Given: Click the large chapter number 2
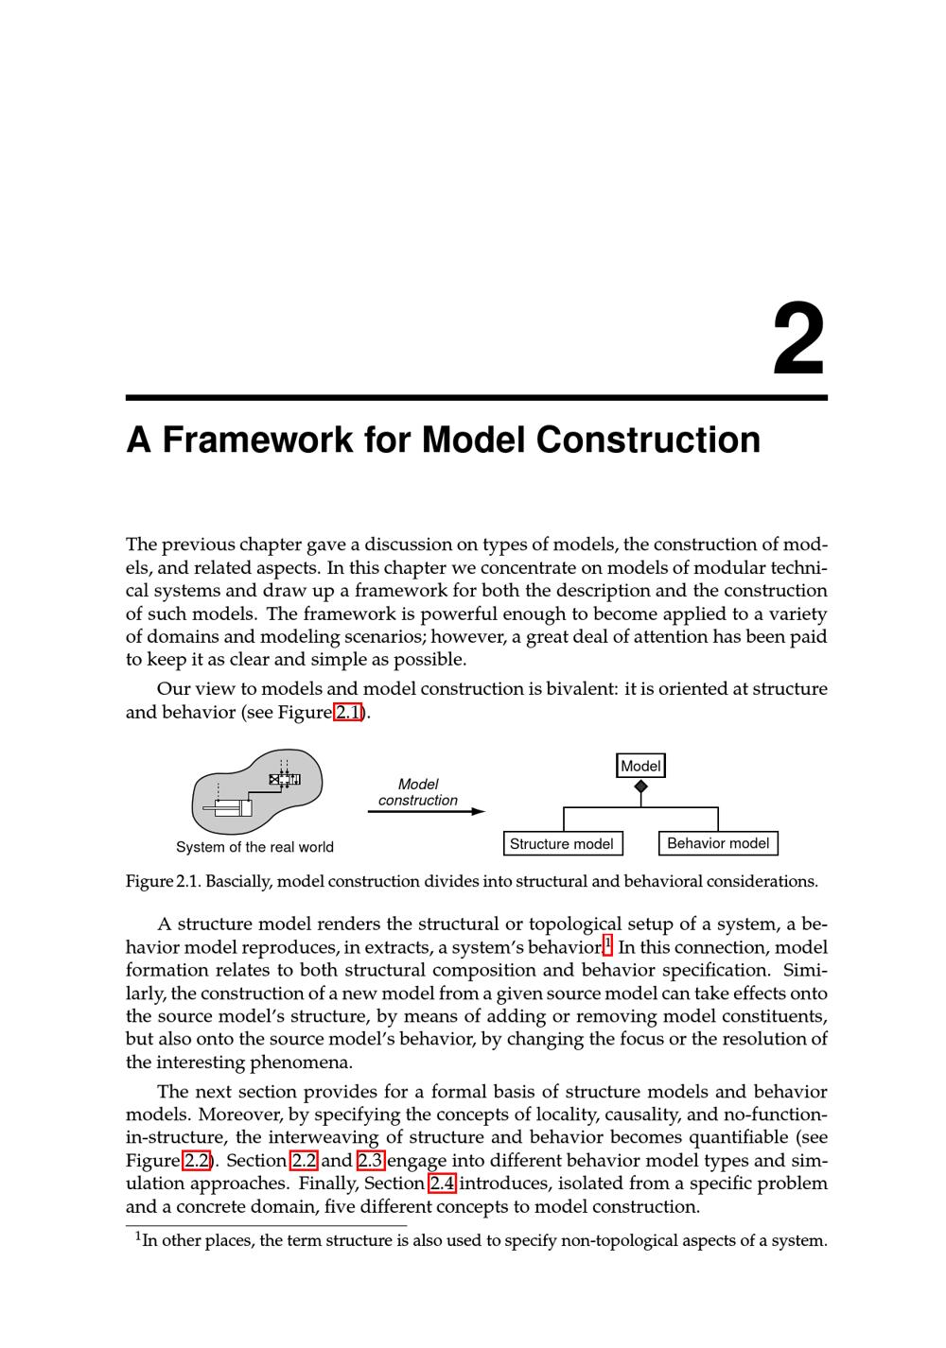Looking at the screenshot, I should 799,339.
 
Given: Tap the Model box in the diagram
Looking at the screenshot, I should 640,766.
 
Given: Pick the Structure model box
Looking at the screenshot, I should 562,844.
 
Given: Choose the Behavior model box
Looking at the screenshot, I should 718,843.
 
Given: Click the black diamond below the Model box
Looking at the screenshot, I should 640,786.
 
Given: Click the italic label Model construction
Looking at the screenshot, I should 418,792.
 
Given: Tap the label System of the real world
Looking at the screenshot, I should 254,847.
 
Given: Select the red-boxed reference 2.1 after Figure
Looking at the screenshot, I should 348,712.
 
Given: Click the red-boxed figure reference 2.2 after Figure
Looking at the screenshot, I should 196,1161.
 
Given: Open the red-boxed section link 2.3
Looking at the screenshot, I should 370,1161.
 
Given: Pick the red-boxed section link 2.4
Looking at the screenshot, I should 442,1184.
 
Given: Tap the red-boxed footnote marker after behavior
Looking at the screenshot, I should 607,943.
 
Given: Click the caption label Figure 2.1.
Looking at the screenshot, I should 163,882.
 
